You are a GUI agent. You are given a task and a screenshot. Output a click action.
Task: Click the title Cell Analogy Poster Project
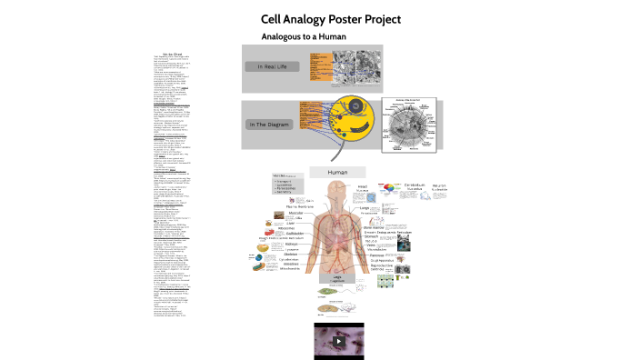pyautogui.click(x=331, y=18)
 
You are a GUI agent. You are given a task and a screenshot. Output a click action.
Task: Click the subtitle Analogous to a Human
pyautogui.click(x=304, y=36)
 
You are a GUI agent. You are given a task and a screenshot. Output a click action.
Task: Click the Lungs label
pyautogui.click(x=365, y=208)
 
